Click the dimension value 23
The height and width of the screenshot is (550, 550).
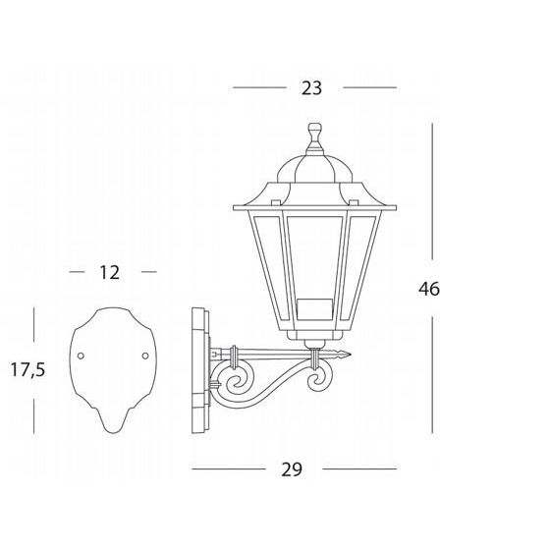[311, 88]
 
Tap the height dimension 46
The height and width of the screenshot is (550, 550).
[429, 289]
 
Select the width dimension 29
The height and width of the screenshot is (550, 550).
[292, 469]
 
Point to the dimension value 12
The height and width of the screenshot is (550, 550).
[110, 272]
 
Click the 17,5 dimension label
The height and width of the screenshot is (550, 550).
[28, 369]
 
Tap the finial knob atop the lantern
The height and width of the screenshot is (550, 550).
[314, 130]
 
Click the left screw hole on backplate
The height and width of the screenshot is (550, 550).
[81, 356]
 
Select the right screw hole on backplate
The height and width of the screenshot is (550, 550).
[145, 356]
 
